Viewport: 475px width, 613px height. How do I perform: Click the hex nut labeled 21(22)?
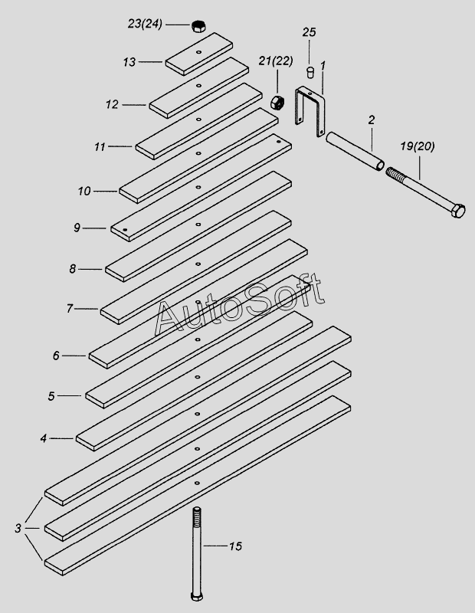point(278,102)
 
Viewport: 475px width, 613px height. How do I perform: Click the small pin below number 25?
point(310,73)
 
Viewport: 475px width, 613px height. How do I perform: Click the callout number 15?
point(235,546)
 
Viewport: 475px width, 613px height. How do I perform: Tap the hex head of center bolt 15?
point(197,598)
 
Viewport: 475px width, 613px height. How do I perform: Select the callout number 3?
point(18,528)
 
